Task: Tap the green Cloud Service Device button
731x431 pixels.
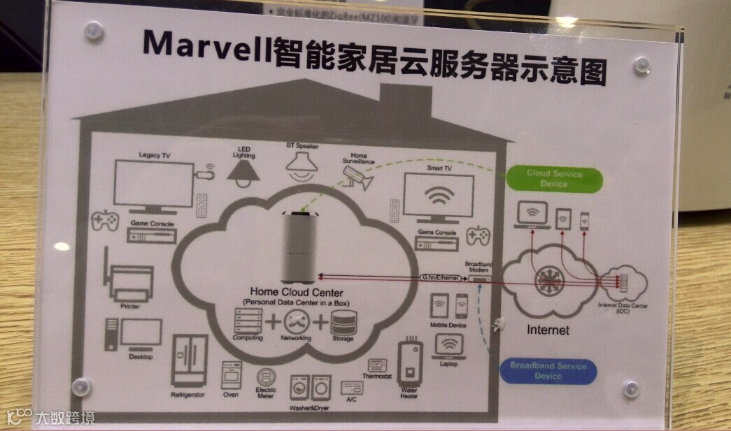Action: [554, 179]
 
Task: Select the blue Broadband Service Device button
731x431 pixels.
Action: [548, 370]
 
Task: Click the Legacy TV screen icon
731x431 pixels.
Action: [153, 184]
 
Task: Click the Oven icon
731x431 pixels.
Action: [231, 375]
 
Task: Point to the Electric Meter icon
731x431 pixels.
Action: [267, 377]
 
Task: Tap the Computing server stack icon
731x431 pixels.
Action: [248, 322]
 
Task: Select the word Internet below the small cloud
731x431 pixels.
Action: [548, 330]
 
